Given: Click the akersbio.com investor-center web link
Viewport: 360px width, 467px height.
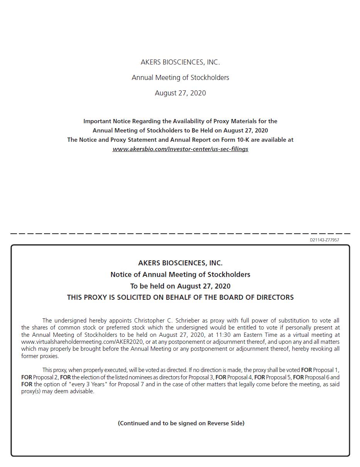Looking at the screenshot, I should coord(180,149).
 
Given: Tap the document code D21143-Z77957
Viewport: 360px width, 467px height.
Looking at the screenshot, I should coord(324,240).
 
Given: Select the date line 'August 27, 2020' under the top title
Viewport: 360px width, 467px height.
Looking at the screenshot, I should coord(180,93).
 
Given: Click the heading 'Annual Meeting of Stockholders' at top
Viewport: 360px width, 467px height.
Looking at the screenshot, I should coord(180,78).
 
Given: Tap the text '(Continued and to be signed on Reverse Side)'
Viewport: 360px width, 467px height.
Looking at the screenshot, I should coord(181,423).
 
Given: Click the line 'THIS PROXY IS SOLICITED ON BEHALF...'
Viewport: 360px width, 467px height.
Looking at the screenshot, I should coord(180,297).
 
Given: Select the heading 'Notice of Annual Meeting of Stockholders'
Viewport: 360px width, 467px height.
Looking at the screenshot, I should coord(180,275).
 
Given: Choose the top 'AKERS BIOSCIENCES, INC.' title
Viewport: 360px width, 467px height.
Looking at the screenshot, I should coord(180,62).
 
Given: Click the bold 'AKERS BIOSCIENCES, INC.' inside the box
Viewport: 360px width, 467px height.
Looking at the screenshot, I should coord(180,263).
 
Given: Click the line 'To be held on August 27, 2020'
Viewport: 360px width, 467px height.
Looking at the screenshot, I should coord(180,286).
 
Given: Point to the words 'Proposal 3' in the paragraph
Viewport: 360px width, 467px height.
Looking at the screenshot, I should coord(201,377).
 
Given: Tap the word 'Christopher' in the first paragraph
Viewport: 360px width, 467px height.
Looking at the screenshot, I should coord(150,321).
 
